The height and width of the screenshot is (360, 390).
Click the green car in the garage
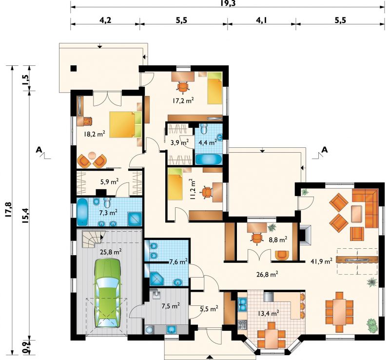(107, 294)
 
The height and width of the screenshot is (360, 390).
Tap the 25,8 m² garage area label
(111, 252)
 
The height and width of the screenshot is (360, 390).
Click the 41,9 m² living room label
(322, 261)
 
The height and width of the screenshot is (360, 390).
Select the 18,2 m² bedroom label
(94, 135)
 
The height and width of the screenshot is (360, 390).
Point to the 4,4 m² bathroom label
(208, 142)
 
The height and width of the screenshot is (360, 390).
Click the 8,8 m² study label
(278, 240)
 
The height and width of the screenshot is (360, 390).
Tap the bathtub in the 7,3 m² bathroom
(82, 212)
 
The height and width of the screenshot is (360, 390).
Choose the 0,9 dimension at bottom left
(26, 347)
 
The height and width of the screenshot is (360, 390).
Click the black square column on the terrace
(73, 68)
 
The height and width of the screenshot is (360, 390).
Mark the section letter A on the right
(325, 150)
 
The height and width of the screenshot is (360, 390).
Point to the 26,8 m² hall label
(267, 274)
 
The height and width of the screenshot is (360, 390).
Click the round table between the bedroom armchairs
(92, 155)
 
